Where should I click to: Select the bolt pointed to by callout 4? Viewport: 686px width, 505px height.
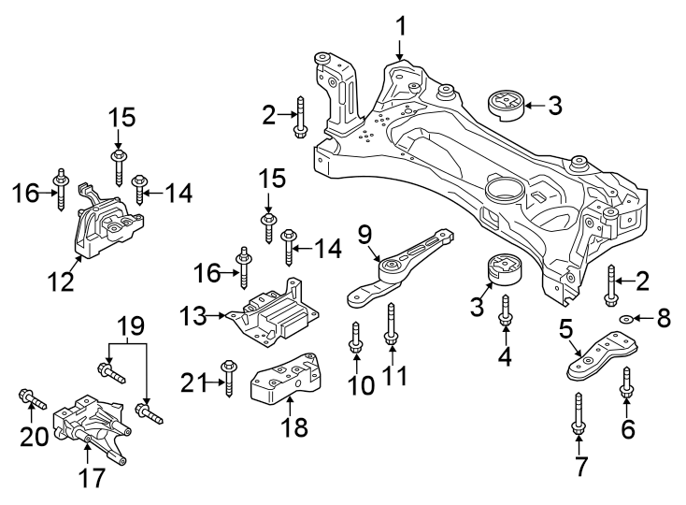pyautogui.click(x=506, y=312)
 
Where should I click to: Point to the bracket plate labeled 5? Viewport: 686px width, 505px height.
pyautogui.click(x=598, y=360)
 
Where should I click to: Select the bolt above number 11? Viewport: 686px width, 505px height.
pyautogui.click(x=392, y=327)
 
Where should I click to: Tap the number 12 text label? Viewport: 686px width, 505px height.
pyautogui.click(x=62, y=280)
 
